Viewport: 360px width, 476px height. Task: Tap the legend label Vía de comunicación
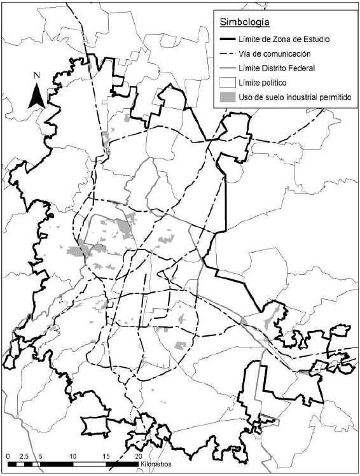coord(273,53)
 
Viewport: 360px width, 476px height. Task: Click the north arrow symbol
coord(37,95)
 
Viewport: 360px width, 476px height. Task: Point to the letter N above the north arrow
coord(37,76)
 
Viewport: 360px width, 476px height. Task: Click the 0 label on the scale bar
coord(7,457)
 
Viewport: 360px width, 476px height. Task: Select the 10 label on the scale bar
coord(73,457)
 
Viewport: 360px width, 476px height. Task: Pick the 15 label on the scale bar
coord(106,457)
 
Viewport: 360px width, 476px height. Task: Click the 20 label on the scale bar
coord(139,457)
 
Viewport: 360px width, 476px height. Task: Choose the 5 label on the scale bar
coord(40,457)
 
